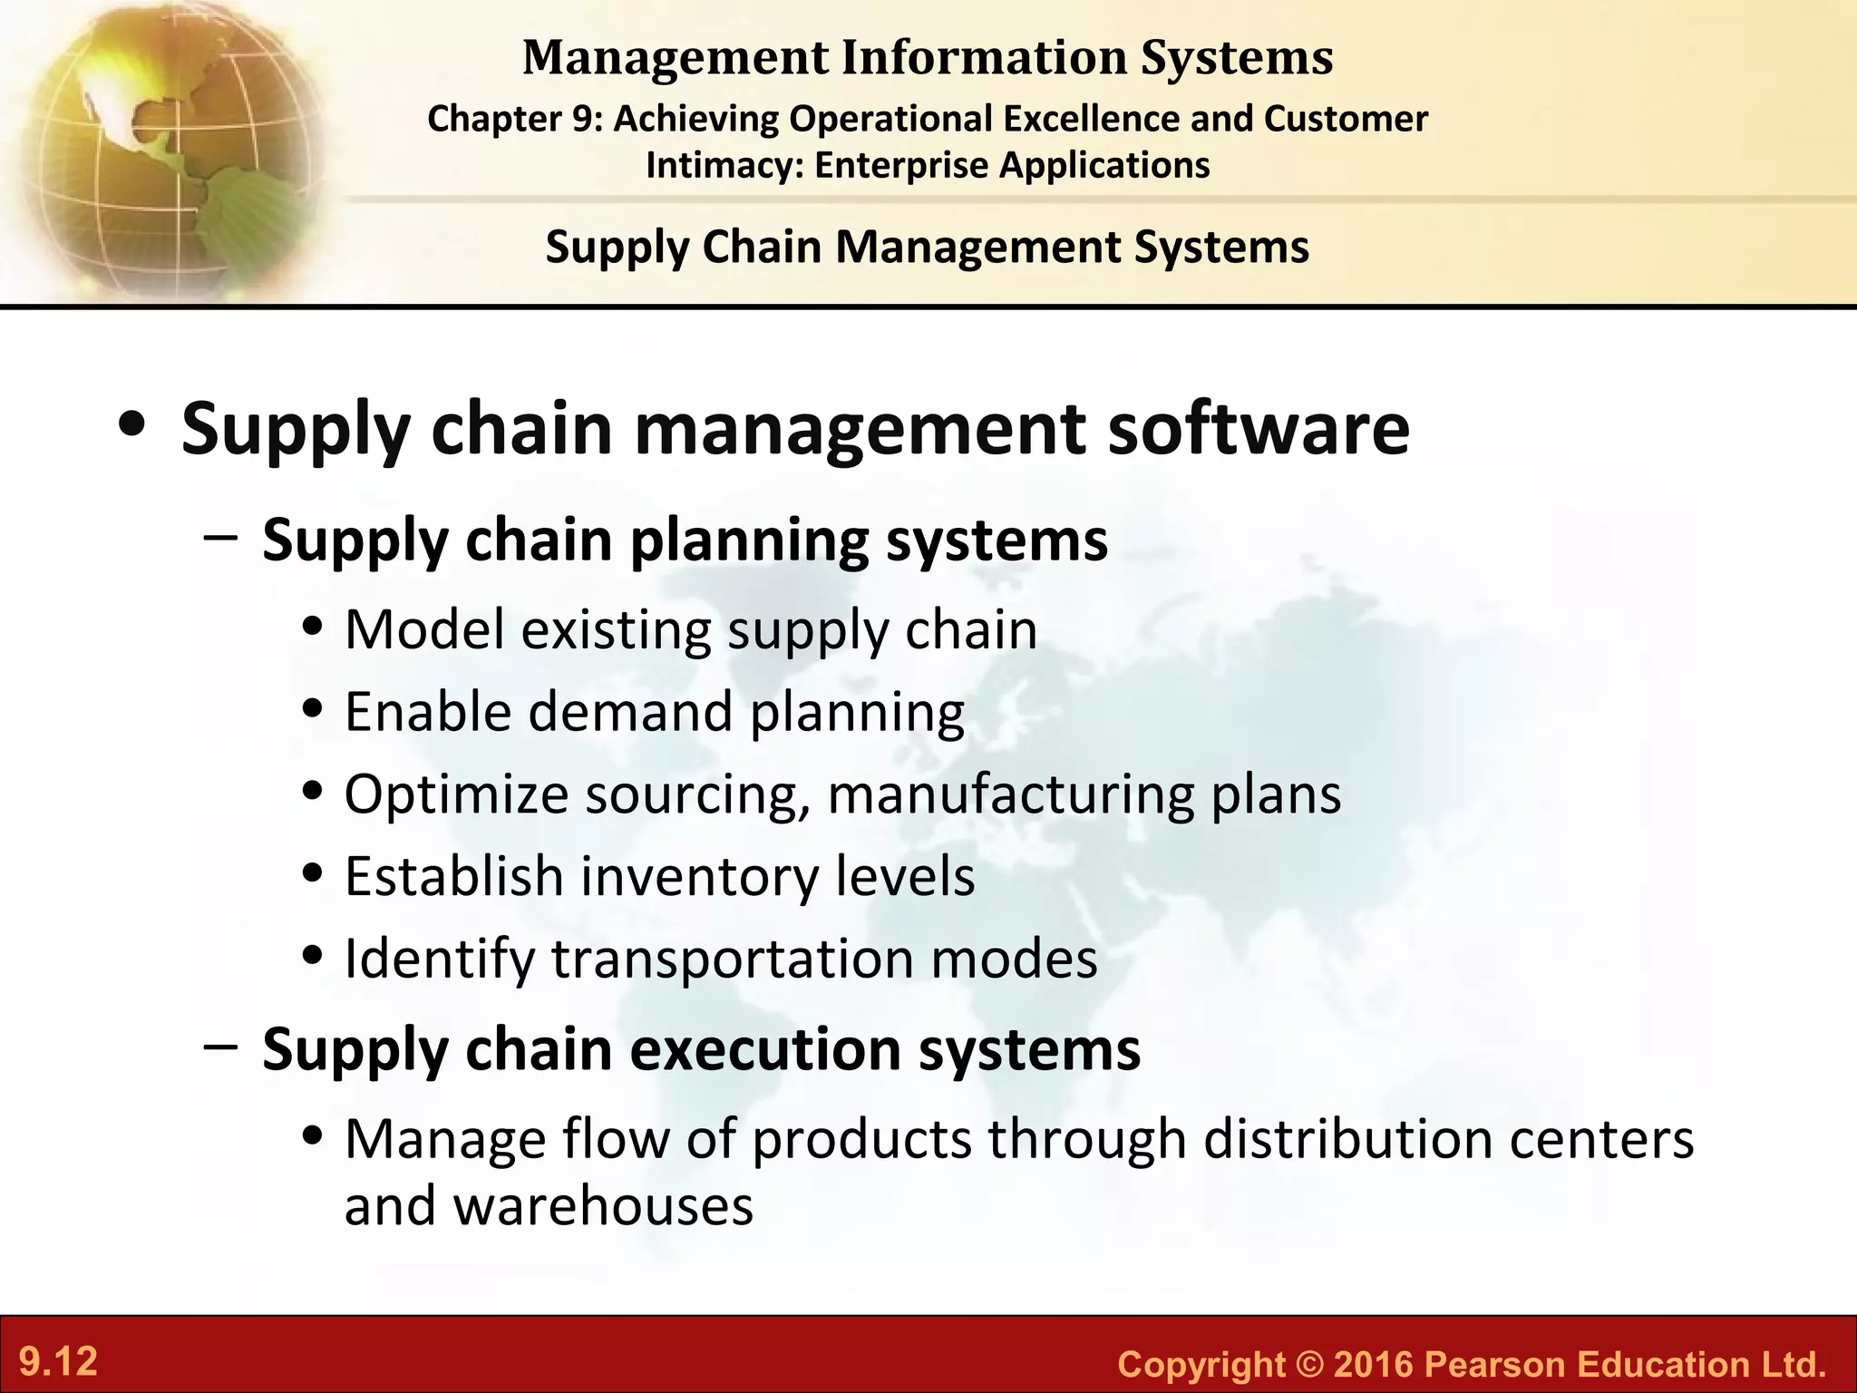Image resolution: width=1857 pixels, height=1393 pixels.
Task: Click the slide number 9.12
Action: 59,1362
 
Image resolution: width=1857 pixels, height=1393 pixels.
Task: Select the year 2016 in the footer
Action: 1374,1364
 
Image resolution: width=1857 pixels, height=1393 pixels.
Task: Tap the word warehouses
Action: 603,1206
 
